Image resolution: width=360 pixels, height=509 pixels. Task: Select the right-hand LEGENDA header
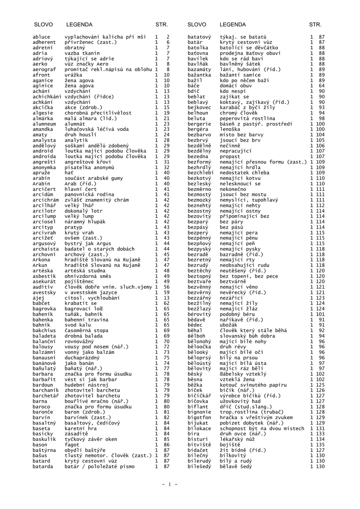231,24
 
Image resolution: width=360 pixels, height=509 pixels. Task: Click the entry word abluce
41,37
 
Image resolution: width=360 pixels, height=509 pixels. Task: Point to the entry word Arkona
41,259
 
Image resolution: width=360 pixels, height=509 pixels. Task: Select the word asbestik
43,276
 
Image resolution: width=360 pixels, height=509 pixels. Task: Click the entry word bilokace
200,428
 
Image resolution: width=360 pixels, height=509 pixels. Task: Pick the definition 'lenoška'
230,129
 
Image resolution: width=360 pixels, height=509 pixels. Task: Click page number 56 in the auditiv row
167,287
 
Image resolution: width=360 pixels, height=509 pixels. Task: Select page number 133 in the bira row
318,433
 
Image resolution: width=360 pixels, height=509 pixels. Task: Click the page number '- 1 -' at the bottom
170,484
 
